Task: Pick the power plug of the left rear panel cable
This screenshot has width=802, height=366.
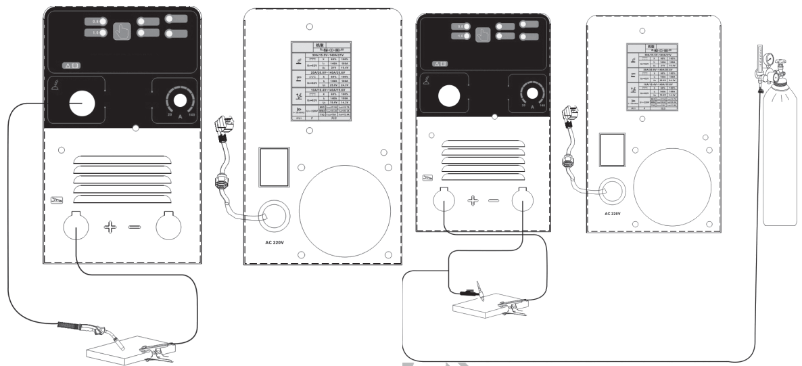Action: [x=224, y=128]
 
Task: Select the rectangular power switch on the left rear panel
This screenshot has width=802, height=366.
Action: [x=274, y=166]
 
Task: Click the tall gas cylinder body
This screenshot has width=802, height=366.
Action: [x=778, y=169]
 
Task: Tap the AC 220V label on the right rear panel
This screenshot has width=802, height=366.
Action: [x=609, y=211]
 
